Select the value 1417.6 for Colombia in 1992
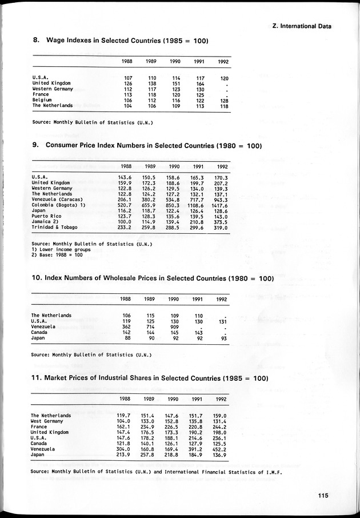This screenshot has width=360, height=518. pyautogui.click(x=219, y=205)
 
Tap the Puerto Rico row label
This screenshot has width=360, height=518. pyautogui.click(x=45, y=216)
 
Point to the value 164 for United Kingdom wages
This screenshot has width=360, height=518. pyautogui.click(x=199, y=83)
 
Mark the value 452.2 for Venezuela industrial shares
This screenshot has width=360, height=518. pyautogui.click(x=219, y=449)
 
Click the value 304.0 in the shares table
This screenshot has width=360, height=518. pyautogui.click(x=124, y=449)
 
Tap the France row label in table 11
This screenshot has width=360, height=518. pyautogui.click(x=39, y=427)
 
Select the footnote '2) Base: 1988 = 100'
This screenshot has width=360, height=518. pyautogui.click(x=57, y=254)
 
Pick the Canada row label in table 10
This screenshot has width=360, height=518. pyautogui.click(x=39, y=332)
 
